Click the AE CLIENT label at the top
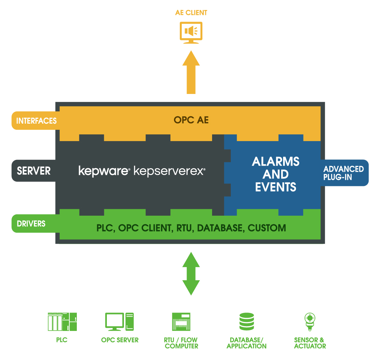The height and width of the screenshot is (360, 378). (191, 13)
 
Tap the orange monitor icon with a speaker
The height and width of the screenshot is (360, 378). (191, 32)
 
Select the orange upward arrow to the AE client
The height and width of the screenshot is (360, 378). (191, 73)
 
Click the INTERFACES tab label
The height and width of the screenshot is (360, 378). (36, 121)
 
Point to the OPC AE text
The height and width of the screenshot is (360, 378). (191, 120)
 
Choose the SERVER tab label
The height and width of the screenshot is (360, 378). (34, 170)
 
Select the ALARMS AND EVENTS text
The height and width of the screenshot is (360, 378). (276, 174)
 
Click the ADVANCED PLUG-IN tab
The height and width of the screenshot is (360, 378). (344, 173)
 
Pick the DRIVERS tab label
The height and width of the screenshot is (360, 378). (31, 223)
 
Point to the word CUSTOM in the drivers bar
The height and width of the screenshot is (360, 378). (267, 228)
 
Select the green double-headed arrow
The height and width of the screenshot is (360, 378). (191, 274)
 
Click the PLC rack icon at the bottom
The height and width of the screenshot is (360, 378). (62, 322)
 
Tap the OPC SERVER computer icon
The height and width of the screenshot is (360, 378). (119, 322)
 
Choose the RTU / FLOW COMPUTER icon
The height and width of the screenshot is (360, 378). (181, 322)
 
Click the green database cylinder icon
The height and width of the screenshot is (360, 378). (247, 322)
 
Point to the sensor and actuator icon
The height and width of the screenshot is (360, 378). (310, 322)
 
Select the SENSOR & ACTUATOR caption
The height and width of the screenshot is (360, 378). (310, 343)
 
